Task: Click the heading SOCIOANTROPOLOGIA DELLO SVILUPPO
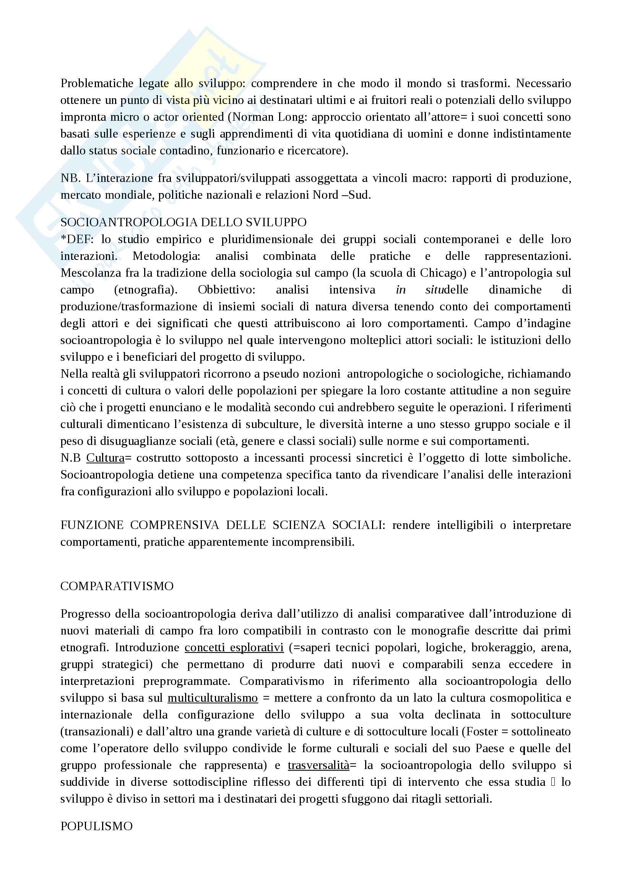[184, 222]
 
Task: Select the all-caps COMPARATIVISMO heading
[117, 586]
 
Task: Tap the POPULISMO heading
[97, 826]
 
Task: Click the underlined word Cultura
[105, 458]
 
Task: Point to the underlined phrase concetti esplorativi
[234, 647]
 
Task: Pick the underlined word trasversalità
[318, 765]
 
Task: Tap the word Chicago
[443, 273]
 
